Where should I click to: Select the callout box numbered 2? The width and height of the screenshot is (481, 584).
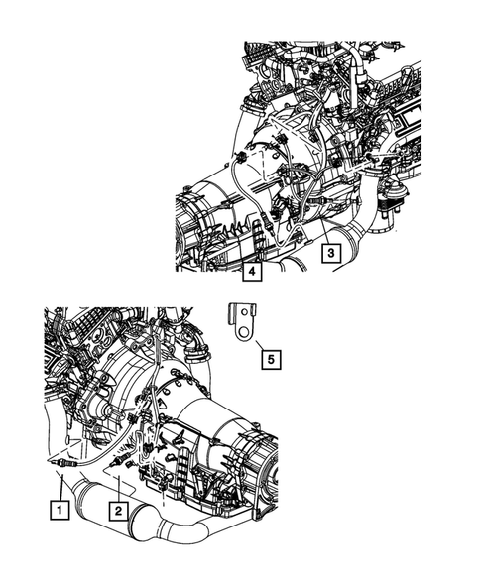(x=116, y=511)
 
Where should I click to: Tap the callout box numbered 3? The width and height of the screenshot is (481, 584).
(x=326, y=253)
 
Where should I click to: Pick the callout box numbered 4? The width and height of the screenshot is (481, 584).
(x=253, y=271)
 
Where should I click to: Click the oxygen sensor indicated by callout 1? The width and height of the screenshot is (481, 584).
(x=60, y=462)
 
